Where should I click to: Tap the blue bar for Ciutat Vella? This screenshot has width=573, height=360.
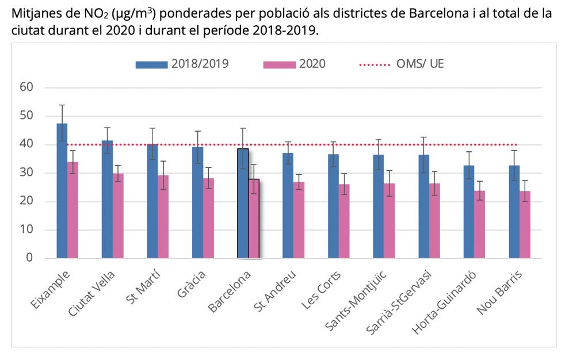pos(107,200)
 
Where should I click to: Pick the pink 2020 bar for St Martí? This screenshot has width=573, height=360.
pos(163,217)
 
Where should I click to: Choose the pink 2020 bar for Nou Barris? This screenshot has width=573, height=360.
pos(525,225)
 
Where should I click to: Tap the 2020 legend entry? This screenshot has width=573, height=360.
pos(294,64)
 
